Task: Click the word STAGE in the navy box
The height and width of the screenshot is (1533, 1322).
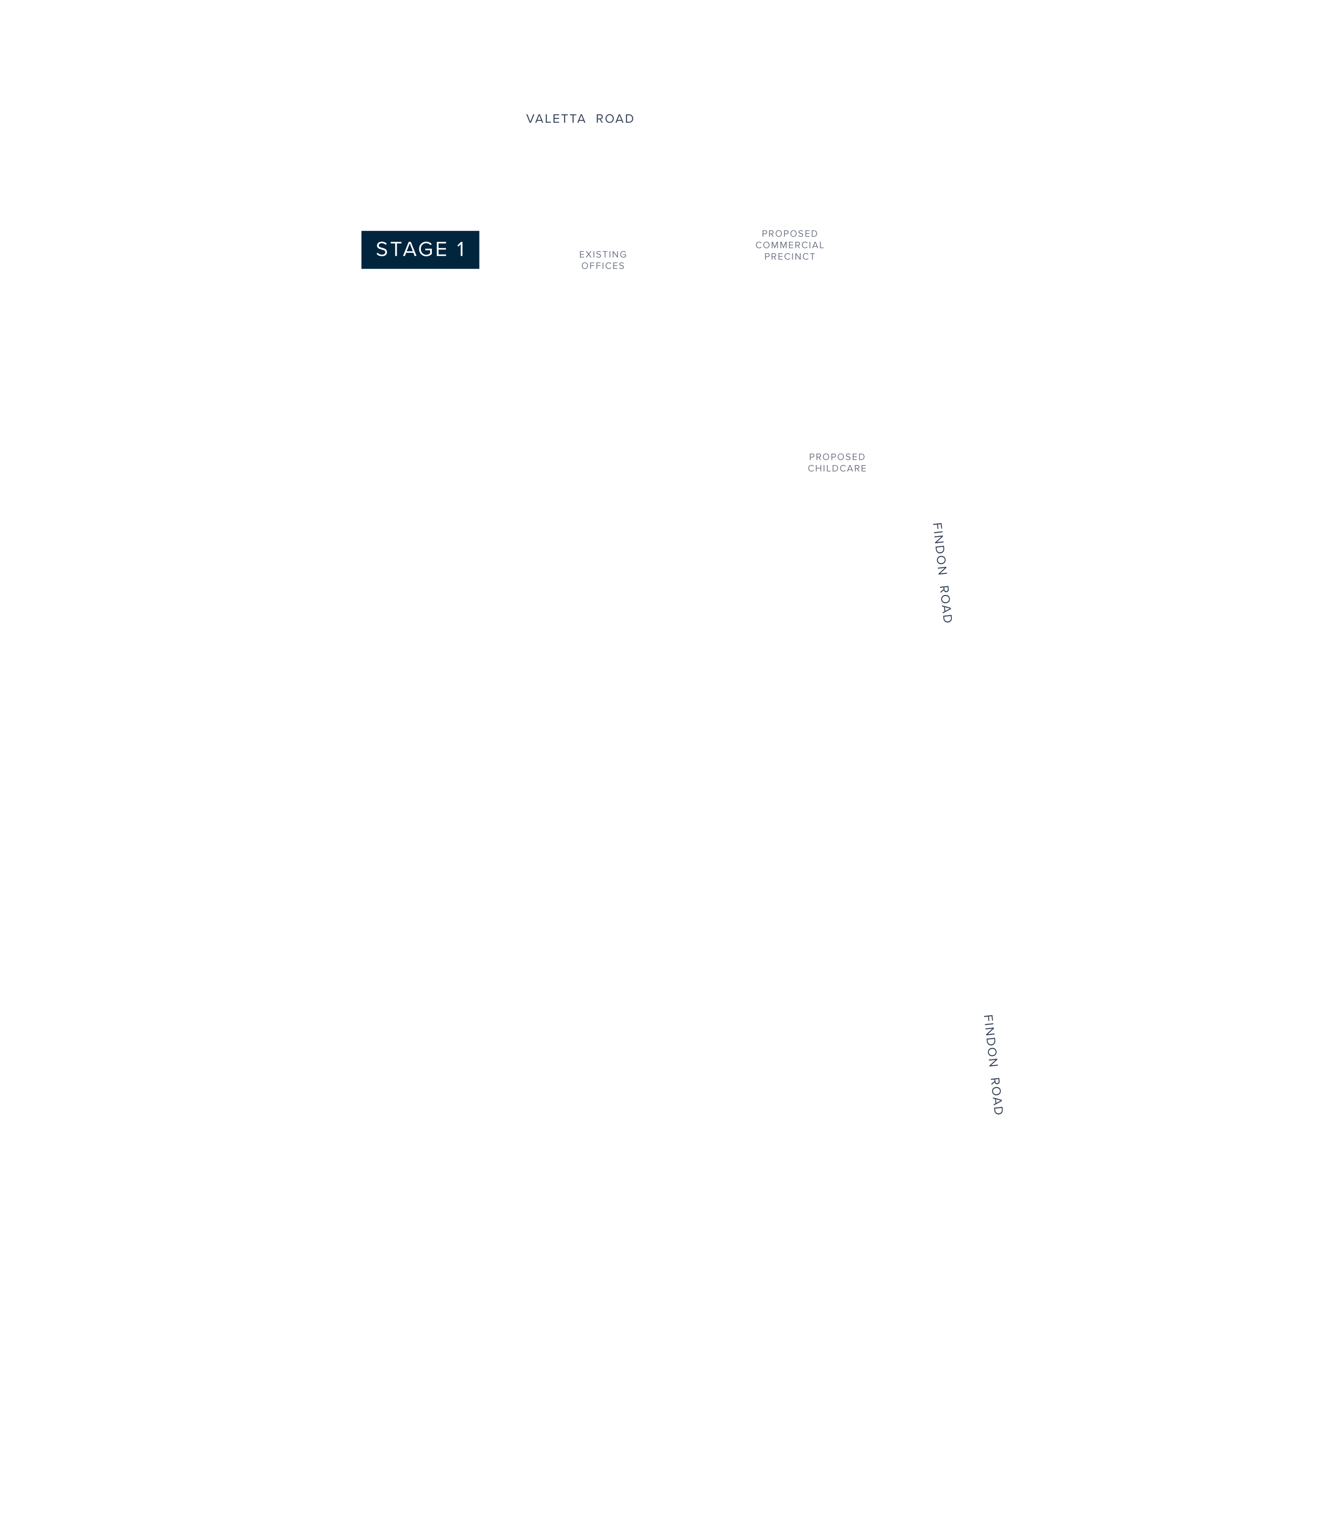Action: coord(412,249)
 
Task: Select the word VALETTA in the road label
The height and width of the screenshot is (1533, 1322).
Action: coord(556,118)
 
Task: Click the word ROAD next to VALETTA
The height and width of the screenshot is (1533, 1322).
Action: coord(615,118)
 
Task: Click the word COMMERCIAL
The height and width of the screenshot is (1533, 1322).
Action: coord(790,245)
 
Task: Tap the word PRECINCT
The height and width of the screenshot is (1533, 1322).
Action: coord(790,257)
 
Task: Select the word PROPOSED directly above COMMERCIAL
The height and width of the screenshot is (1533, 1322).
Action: coord(790,234)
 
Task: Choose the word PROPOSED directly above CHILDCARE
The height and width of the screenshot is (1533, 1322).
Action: coord(837,457)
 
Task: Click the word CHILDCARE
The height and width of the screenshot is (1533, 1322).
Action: coord(837,468)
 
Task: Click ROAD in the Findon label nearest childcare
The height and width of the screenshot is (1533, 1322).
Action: coord(945,605)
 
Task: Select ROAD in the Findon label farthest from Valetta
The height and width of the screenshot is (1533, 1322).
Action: coord(996,1097)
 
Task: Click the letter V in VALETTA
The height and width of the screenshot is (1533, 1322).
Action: coord(531,118)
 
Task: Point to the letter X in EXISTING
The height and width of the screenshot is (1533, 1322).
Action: coord(588,255)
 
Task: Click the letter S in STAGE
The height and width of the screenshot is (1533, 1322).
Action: coord(382,249)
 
